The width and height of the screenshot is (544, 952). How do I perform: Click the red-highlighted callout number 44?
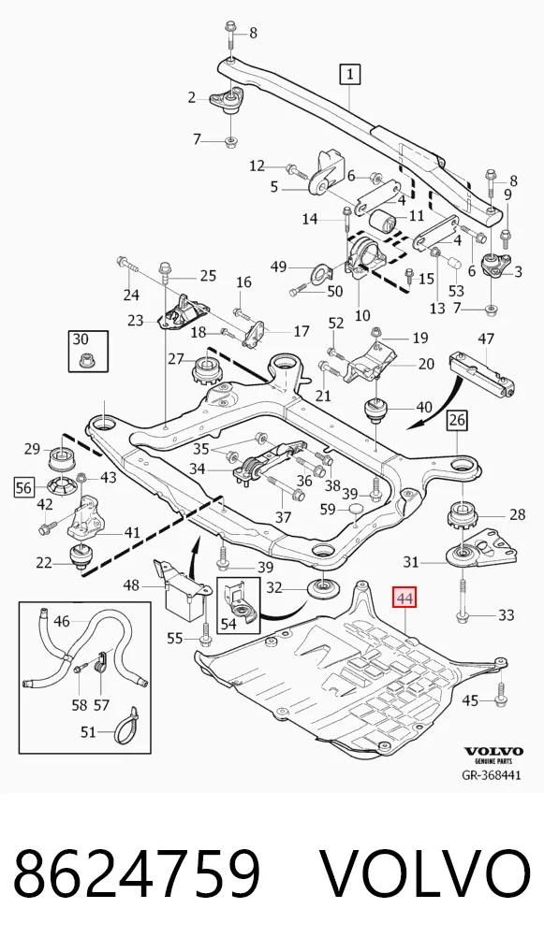click(x=404, y=599)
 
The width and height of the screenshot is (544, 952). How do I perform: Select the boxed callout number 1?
click(x=349, y=76)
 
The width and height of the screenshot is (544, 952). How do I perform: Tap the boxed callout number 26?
click(x=457, y=420)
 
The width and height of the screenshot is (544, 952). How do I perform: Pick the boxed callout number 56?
click(x=24, y=487)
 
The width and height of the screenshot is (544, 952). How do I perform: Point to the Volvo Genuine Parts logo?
click(x=493, y=755)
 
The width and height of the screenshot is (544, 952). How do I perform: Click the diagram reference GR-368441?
click(x=492, y=775)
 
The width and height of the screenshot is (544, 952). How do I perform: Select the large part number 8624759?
click(x=138, y=873)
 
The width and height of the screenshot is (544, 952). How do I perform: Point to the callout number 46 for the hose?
click(x=62, y=621)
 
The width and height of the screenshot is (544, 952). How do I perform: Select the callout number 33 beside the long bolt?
click(x=506, y=616)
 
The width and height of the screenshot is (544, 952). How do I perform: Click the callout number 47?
click(x=486, y=339)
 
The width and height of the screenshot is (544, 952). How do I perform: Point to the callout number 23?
click(x=136, y=320)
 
